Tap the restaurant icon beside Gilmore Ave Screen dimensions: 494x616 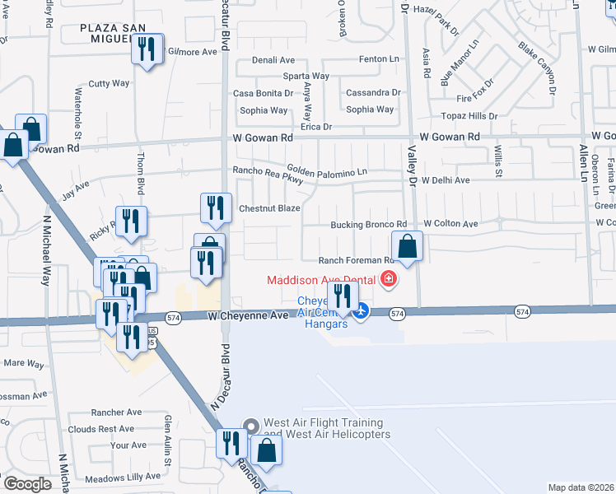[147, 49]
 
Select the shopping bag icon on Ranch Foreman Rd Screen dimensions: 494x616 [407, 246]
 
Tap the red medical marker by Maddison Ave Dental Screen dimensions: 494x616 [388, 281]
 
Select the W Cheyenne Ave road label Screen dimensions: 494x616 [247, 315]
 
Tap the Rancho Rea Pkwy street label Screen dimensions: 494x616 [263, 171]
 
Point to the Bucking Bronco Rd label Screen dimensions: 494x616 [369, 224]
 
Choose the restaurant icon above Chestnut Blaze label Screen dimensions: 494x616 [216, 209]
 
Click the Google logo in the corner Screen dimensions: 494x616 [26, 484]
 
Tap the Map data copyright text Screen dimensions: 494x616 [580, 487]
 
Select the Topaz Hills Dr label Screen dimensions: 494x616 [469, 116]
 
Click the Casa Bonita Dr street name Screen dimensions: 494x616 [261, 94]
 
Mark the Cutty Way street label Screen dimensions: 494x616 [110, 83]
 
